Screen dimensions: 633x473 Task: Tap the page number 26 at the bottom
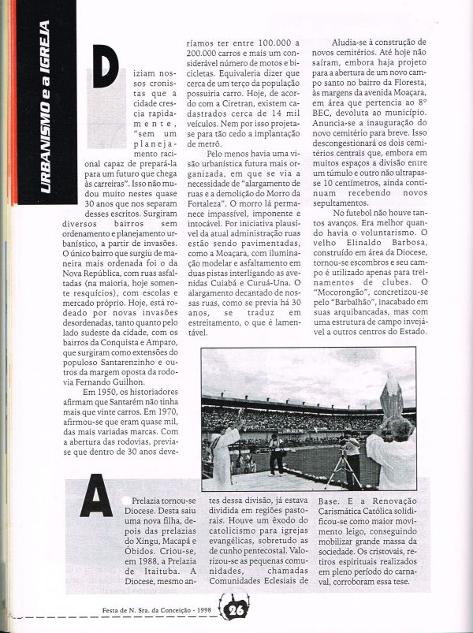point(236,610)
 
